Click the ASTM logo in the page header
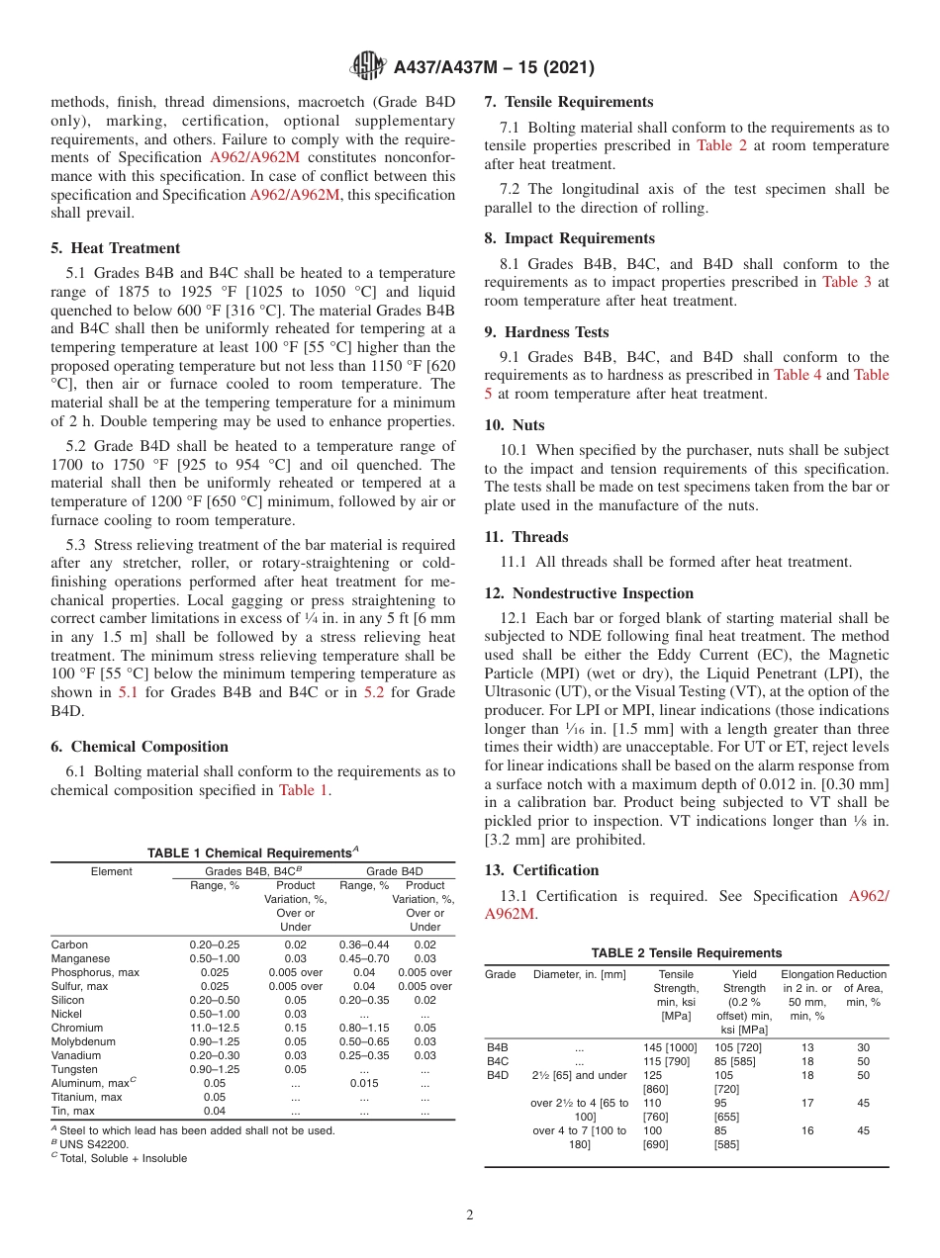(370, 67)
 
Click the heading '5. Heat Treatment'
(116, 248)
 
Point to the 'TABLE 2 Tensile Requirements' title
(686, 953)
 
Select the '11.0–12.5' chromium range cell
(215, 1028)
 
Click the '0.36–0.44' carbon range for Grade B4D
(363, 944)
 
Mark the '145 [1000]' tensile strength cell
(670, 1046)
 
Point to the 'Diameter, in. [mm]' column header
(579, 974)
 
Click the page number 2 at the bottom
(470, 1215)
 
